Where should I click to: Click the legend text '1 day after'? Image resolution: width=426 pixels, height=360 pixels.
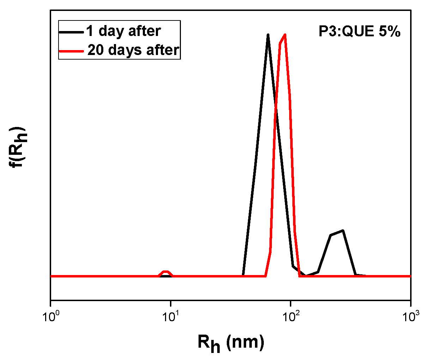(x=123, y=31)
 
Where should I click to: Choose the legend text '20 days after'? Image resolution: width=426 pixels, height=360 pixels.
(x=133, y=50)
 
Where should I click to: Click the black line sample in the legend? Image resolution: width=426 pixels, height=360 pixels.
(x=72, y=31)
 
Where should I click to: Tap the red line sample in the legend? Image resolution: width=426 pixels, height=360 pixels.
(x=72, y=50)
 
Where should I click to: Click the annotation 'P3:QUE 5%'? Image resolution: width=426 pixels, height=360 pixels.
(x=360, y=32)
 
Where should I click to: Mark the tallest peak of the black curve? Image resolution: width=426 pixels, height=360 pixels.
(x=268, y=35)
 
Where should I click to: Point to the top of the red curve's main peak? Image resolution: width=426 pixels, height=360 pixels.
(x=285, y=35)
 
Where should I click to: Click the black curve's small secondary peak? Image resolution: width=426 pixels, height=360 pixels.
(x=342, y=231)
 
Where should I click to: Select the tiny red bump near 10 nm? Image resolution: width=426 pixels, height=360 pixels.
(x=165, y=271)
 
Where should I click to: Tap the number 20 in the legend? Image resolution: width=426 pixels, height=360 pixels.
(x=96, y=50)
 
